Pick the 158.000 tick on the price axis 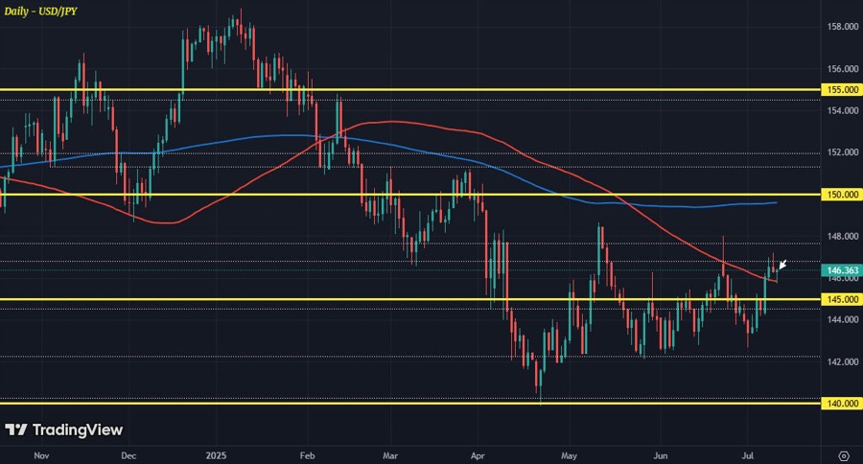point(842,27)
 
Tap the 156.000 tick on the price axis point(842,69)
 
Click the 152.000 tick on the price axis point(842,152)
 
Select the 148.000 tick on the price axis point(842,236)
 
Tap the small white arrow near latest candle point(782,266)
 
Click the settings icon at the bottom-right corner point(843,454)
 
